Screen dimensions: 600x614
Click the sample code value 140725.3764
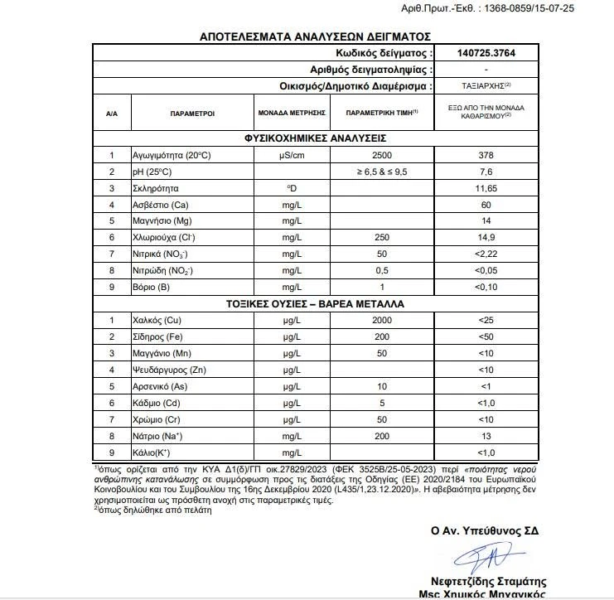coord(486,53)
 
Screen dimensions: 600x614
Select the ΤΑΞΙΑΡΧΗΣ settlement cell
coord(486,85)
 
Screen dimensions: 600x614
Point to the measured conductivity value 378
coord(486,155)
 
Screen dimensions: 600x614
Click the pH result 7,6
coord(486,172)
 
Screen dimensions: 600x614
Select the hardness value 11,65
coord(486,188)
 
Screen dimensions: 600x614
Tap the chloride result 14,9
coord(486,237)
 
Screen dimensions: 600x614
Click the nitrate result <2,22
coord(486,254)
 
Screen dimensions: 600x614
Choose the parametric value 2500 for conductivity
coord(382,155)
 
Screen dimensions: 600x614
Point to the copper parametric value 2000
coord(382,320)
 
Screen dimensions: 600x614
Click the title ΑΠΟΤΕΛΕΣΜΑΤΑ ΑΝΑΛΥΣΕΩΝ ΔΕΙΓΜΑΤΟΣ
coord(316,36)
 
